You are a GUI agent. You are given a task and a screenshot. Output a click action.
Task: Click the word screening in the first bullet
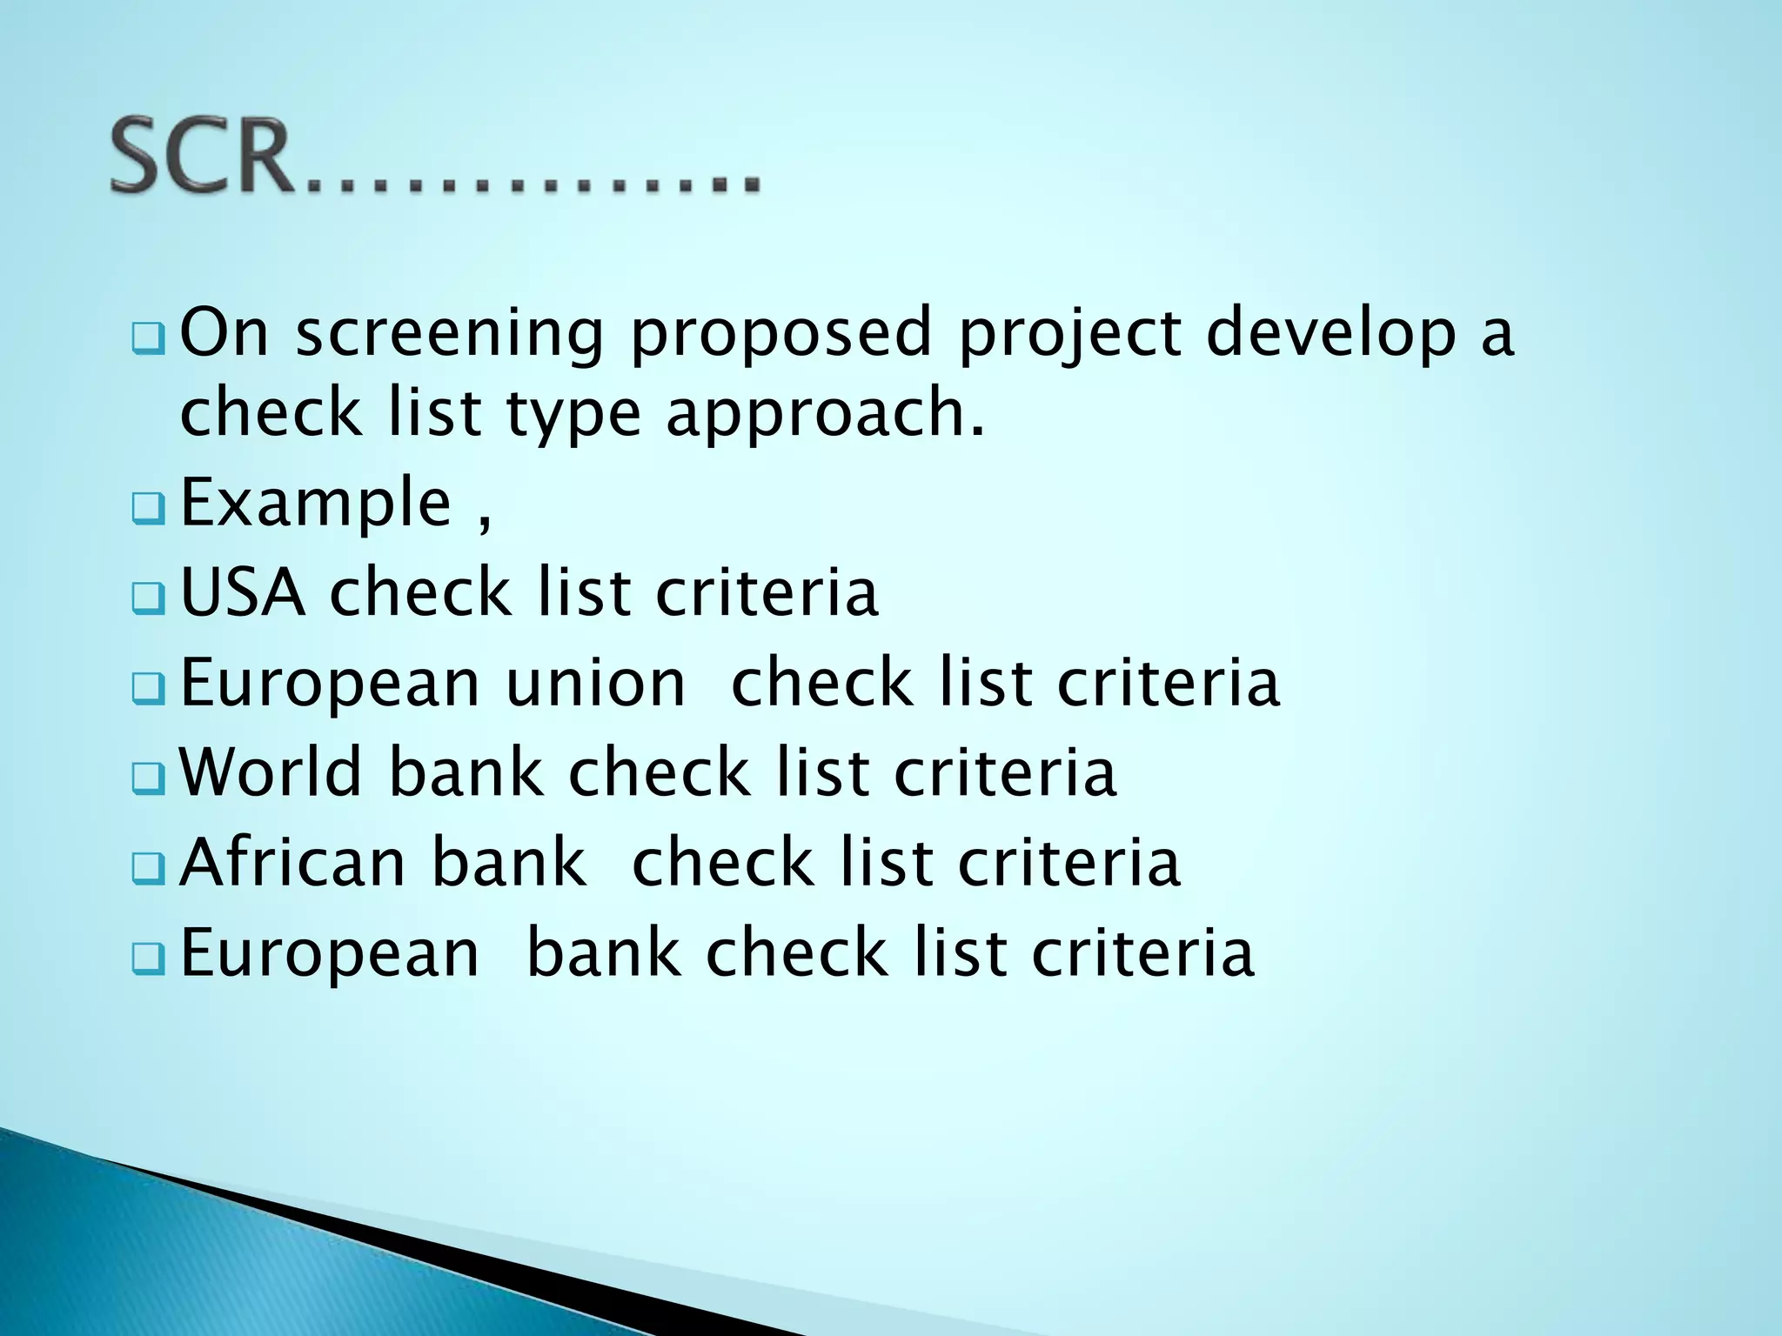450,335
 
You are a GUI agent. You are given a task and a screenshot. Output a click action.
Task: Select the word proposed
780,335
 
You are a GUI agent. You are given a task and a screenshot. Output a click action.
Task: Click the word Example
316,504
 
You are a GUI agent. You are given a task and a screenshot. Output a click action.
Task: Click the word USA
243,593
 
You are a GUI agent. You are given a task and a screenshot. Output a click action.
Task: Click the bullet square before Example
148,509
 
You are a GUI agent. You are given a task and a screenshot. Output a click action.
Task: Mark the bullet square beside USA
148,598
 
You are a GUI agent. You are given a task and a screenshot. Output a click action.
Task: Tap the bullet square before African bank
148,868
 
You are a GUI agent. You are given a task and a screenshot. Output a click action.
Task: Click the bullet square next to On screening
148,338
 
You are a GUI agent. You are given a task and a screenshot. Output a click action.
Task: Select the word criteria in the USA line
767,593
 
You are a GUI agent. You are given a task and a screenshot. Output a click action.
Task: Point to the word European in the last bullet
329,954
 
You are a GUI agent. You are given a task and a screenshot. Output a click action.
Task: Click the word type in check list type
573,415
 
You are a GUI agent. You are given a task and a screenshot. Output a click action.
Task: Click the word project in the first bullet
1069,335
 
